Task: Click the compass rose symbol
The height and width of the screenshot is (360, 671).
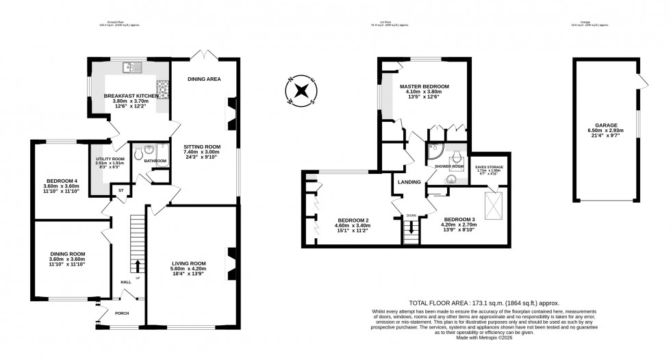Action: (301, 91)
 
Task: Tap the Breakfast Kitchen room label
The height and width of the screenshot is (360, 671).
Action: (131, 96)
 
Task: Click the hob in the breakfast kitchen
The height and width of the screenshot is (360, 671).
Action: (164, 88)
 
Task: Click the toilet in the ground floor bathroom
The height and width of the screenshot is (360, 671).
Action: (139, 155)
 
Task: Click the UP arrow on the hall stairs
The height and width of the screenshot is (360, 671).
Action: (138, 263)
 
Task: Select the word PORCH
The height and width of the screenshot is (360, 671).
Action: (122, 313)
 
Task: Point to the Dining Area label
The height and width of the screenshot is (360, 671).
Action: (204, 79)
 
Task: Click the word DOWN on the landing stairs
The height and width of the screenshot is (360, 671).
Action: (411, 216)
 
